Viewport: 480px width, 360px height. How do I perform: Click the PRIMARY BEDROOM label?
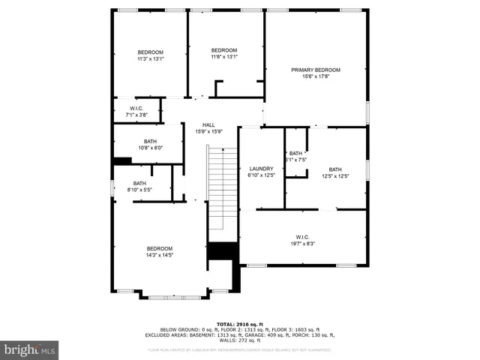[315, 70]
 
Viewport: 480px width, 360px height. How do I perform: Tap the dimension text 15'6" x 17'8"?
[315, 76]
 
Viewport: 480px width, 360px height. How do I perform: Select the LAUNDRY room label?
[262, 169]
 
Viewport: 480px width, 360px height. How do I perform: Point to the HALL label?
[208, 125]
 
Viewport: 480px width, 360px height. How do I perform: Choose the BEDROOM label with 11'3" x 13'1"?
[150, 52]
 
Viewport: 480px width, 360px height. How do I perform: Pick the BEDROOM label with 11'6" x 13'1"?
[223, 50]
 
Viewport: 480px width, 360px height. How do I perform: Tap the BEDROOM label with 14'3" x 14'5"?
[159, 248]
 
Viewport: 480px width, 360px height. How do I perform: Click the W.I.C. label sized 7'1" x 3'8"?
[137, 109]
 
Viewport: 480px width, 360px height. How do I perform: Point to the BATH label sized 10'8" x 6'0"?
[150, 141]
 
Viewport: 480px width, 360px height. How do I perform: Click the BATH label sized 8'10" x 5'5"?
[140, 184]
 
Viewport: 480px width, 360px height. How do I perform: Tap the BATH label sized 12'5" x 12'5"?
[334, 169]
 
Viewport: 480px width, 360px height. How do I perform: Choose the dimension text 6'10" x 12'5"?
[262, 175]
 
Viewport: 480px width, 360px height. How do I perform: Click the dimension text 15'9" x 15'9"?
[208, 131]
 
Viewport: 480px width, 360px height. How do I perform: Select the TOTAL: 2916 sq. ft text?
[239, 323]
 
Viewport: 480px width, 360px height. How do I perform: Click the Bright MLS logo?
[30, 349]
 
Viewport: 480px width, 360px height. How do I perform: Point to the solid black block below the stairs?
[221, 251]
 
